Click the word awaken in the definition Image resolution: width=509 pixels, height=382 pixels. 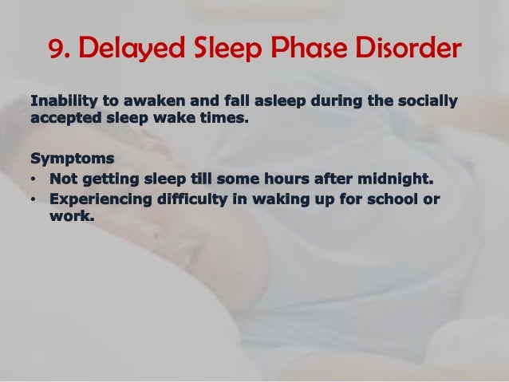(144, 101)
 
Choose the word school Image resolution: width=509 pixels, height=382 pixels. (391, 196)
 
